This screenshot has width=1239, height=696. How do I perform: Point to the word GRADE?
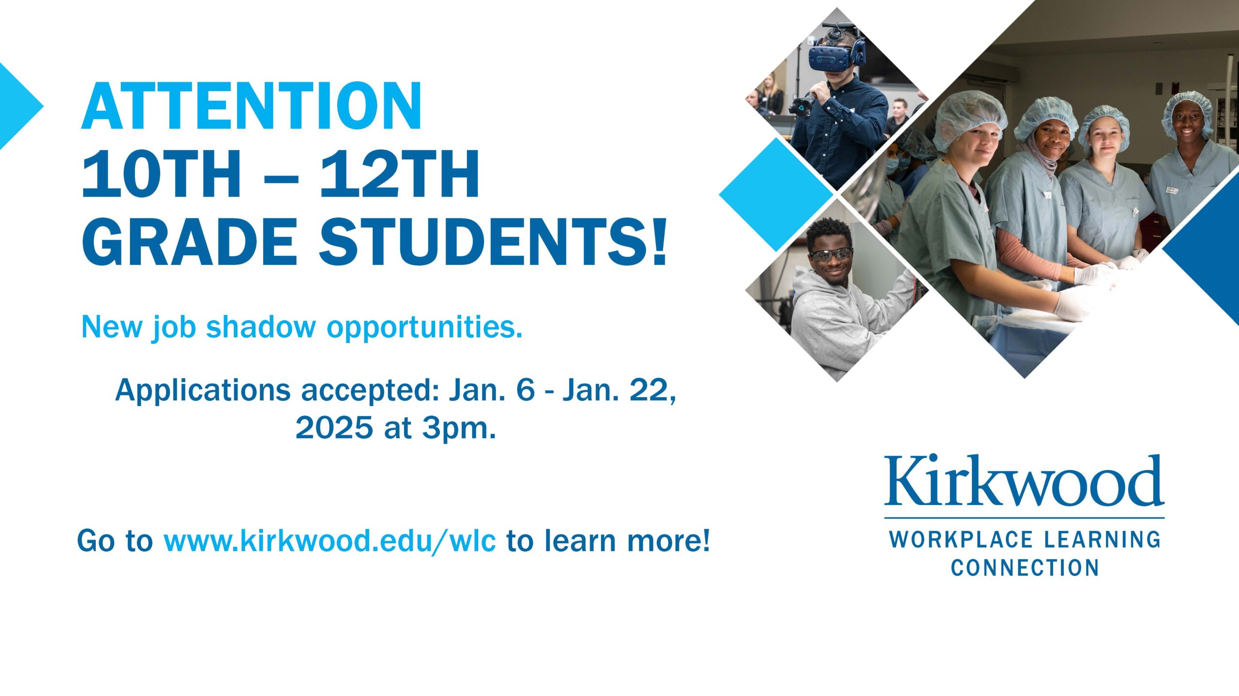[189, 241]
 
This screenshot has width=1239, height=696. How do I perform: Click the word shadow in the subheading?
[261, 327]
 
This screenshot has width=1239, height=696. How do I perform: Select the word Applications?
[202, 391]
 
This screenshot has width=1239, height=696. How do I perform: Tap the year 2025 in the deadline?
[334, 428]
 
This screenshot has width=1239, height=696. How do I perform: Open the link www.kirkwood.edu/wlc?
[330, 541]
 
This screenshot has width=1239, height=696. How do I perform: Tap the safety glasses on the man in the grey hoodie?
[831, 254]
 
